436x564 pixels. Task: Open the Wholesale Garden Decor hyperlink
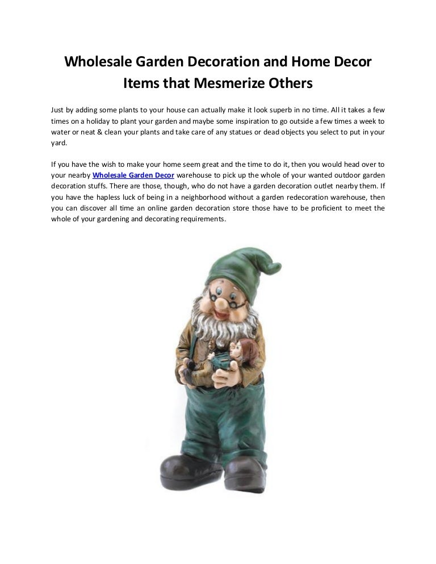click(x=133, y=176)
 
